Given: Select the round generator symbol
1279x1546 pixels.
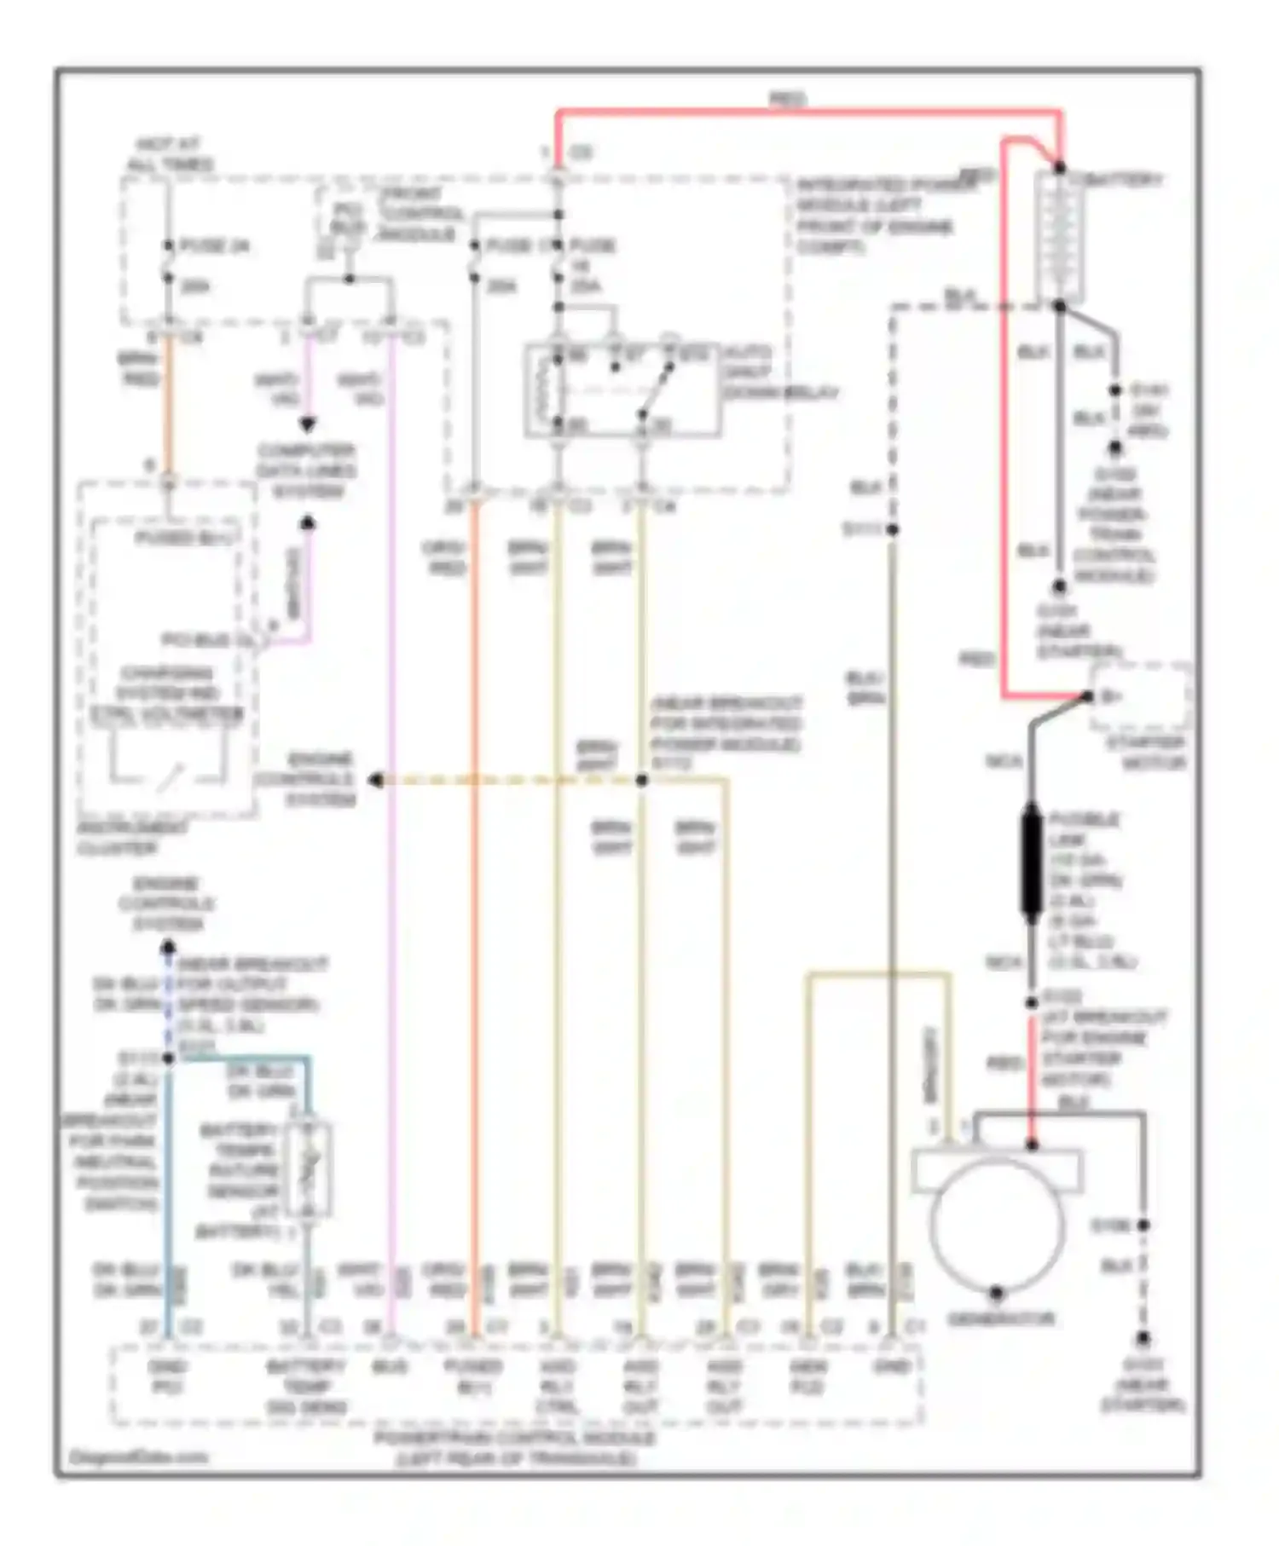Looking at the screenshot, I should (x=996, y=1224).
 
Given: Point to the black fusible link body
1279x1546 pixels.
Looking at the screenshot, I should (x=1031, y=862).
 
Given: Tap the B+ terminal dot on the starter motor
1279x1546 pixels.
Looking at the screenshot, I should (x=1088, y=696).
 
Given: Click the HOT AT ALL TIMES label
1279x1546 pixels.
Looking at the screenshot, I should (x=170, y=154).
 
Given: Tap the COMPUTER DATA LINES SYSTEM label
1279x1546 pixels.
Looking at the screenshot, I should (x=306, y=471).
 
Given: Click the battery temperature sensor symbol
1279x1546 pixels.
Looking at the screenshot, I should (x=308, y=1169).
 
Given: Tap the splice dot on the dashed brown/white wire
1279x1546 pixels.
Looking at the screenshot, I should (x=641, y=780).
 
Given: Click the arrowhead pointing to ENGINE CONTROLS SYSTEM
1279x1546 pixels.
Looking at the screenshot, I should (x=375, y=780).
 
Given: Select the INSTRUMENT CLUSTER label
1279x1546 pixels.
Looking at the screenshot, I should (x=132, y=838).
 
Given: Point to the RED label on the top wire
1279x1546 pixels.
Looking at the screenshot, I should (x=786, y=100).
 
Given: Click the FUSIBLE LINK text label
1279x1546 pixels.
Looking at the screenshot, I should (x=1083, y=829).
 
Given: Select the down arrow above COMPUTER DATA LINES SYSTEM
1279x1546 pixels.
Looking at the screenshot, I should (x=307, y=424).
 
